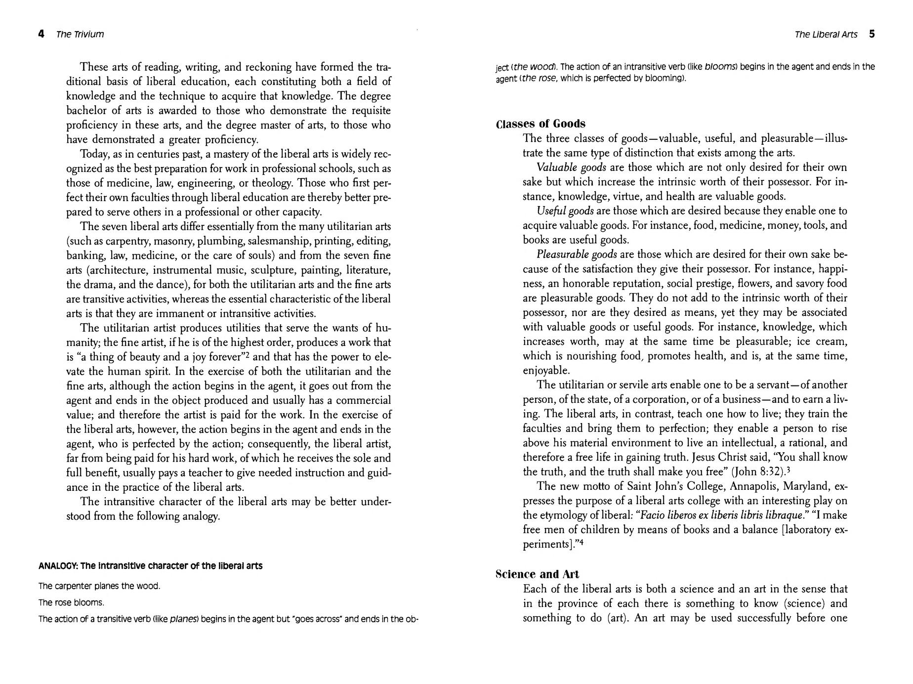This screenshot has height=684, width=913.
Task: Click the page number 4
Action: pos(41,34)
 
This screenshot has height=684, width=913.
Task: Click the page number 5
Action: pos(872,34)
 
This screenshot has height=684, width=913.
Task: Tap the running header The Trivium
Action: pos(80,34)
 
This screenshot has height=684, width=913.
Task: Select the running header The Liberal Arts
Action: pos(826,34)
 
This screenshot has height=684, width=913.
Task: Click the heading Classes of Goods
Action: pos(540,124)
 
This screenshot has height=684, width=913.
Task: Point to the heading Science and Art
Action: pos(537,574)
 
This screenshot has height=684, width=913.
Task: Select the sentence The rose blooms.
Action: pos(71,602)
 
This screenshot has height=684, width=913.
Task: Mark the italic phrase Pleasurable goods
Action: pos(577,255)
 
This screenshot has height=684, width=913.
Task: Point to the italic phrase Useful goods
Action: pos(565,211)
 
